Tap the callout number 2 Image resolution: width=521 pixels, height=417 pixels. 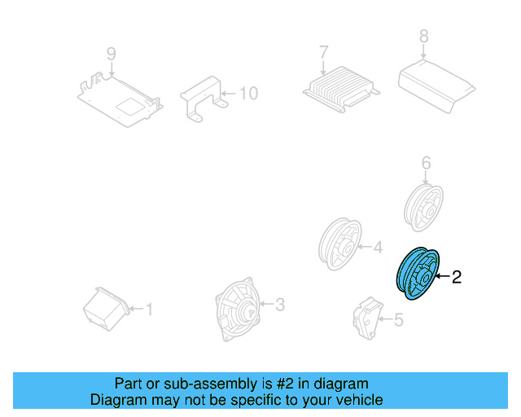457,278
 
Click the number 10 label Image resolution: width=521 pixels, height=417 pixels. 247,94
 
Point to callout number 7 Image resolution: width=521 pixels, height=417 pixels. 323,51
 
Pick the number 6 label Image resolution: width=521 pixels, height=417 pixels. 425,164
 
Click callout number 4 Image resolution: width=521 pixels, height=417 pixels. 377,248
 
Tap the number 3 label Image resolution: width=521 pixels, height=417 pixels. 279,305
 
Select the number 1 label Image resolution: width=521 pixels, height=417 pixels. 148,309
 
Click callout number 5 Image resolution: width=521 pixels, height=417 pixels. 398,320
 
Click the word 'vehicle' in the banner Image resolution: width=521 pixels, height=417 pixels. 356,400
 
